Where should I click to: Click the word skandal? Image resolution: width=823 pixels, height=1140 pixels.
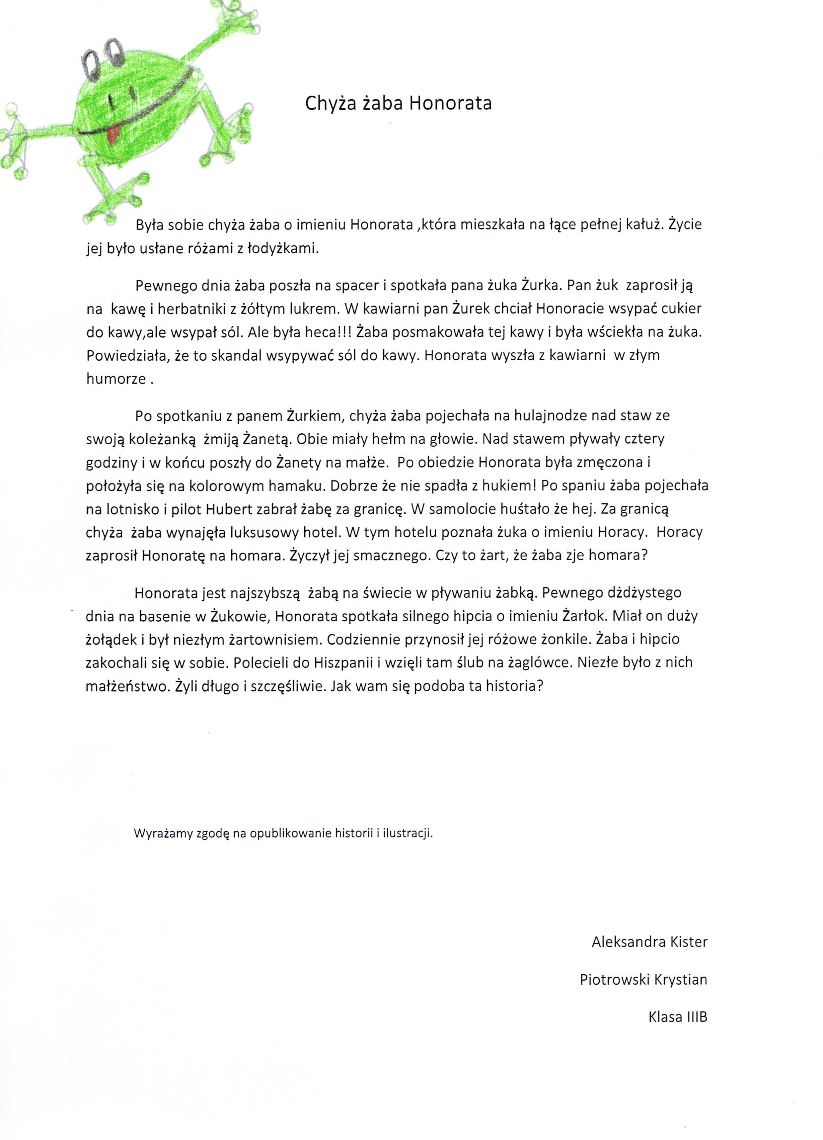(237, 355)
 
